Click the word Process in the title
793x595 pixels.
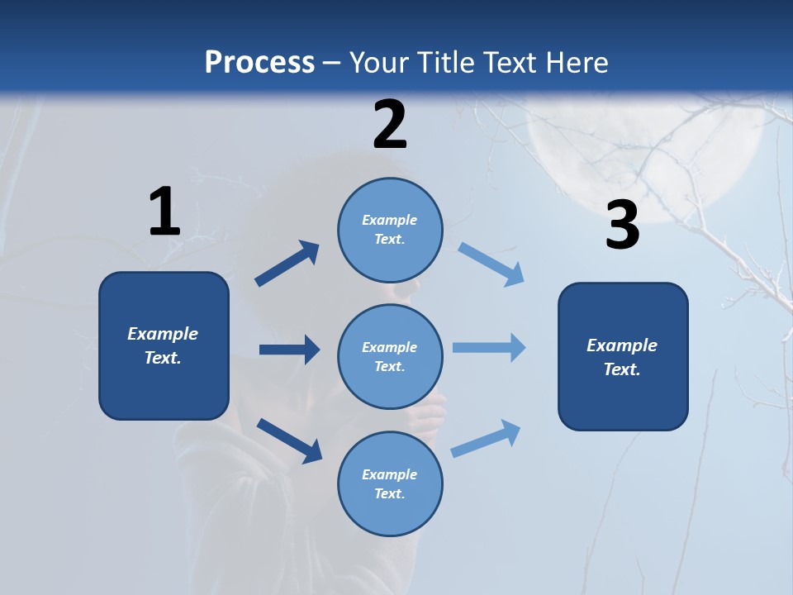pyautogui.click(x=259, y=63)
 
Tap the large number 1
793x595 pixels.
pyautogui.click(x=164, y=212)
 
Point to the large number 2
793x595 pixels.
pyautogui.click(x=390, y=125)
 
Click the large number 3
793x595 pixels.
pyautogui.click(x=623, y=226)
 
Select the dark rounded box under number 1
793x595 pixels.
pyautogui.click(x=164, y=345)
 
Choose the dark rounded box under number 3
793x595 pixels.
pyautogui.click(x=623, y=356)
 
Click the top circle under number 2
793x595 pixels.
pyautogui.click(x=390, y=230)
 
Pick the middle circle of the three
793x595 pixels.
pyautogui.click(x=390, y=356)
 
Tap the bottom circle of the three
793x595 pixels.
pyautogui.click(x=390, y=483)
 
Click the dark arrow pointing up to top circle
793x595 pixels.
pyautogui.click(x=287, y=264)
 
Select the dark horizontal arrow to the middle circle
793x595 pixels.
pyautogui.click(x=289, y=350)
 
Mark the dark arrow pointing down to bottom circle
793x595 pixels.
pyautogui.click(x=289, y=440)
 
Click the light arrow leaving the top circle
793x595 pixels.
pyautogui.click(x=491, y=264)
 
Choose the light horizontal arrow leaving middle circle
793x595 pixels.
pyautogui.click(x=489, y=348)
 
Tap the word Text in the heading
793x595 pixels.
pyautogui.click(x=512, y=63)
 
